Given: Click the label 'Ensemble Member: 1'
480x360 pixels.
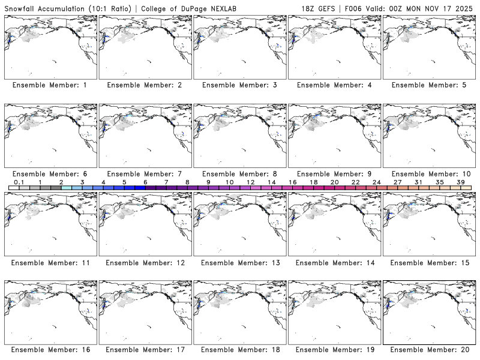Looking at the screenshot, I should pyautogui.click(x=50, y=85).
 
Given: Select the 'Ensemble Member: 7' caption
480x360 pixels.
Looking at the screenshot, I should pyautogui.click(x=145, y=174).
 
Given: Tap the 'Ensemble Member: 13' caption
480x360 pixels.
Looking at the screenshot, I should pyautogui.click(x=239, y=263).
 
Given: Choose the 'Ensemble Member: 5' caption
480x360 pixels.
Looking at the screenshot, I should pyautogui.click(x=429, y=85).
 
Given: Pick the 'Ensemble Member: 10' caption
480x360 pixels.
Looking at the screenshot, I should pyautogui.click(x=429, y=174).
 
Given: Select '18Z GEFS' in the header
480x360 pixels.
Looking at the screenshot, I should pyautogui.click(x=321, y=8).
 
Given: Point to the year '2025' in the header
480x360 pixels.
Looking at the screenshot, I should pyautogui.click(x=465, y=8).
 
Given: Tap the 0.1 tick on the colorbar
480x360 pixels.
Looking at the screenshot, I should pyautogui.click(x=19, y=182).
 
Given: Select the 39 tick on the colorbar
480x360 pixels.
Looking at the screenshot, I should pyautogui.click(x=460, y=182).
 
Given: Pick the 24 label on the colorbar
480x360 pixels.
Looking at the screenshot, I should pyautogui.click(x=376, y=182).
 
